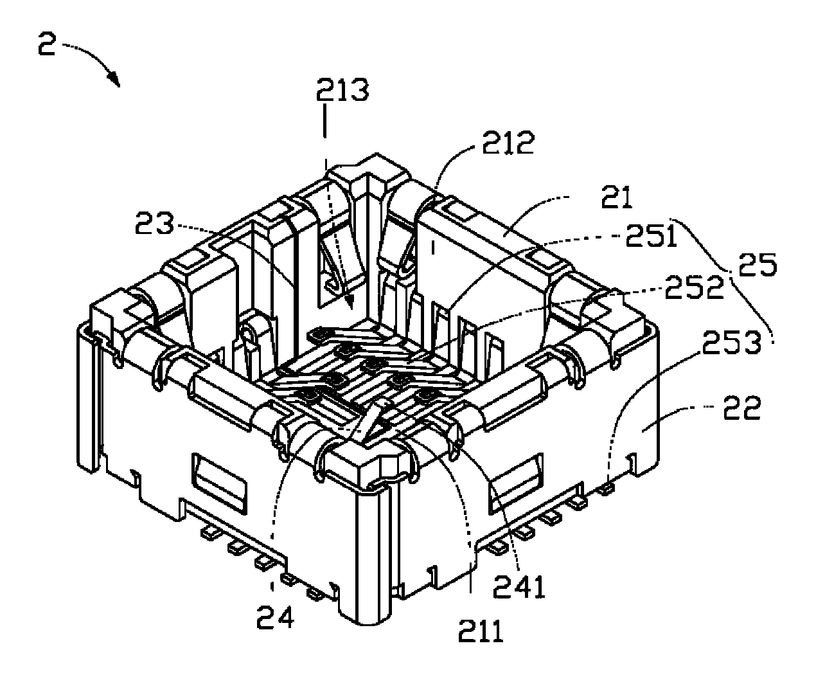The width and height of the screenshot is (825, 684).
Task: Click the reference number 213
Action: click(342, 90)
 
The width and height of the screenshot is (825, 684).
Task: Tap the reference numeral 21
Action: click(616, 197)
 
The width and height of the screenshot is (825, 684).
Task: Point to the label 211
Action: click(481, 633)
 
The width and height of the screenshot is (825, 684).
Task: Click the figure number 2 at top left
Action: click(47, 47)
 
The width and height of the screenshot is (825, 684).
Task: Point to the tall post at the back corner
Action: click(368, 193)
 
